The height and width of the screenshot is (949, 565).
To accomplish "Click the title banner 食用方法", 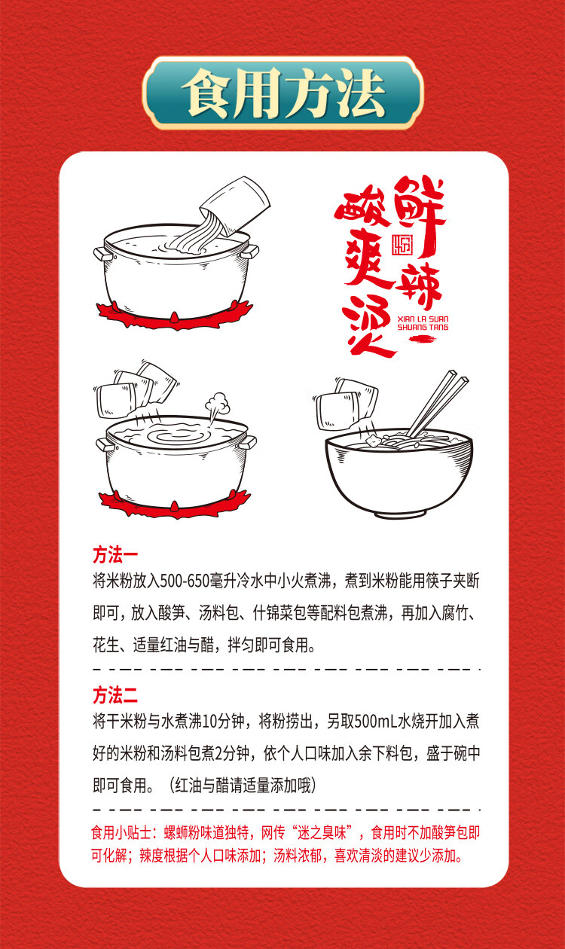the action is [282, 93].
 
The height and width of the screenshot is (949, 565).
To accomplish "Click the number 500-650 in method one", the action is [185, 581].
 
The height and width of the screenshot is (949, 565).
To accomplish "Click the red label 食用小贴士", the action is [121, 832].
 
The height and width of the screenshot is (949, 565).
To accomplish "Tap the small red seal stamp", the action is [402, 245].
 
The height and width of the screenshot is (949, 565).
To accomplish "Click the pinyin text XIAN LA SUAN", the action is [423, 319].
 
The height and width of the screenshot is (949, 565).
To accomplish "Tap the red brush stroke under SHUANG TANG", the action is [423, 338].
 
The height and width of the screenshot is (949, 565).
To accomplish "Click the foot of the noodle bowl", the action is [400, 514].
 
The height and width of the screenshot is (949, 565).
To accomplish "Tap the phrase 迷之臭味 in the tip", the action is [322, 832].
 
